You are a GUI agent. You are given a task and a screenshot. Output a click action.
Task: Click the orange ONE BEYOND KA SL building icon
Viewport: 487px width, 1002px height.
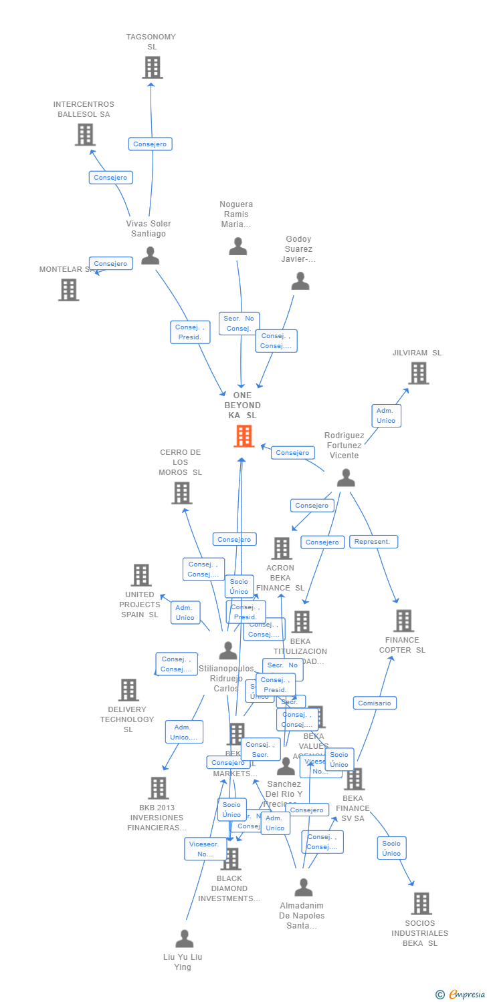point(243,436)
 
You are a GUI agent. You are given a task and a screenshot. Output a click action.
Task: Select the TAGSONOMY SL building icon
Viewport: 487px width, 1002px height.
point(153,67)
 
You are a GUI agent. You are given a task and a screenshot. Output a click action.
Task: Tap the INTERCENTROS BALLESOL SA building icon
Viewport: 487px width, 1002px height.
point(85,135)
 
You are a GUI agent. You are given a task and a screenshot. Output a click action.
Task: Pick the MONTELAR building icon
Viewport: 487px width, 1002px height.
point(68,290)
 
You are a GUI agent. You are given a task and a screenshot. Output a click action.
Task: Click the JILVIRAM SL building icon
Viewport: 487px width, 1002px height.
point(418,373)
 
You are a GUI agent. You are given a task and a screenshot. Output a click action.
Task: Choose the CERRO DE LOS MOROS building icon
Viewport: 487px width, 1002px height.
point(181,493)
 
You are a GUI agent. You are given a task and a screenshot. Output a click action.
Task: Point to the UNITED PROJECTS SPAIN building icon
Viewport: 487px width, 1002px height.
point(141,575)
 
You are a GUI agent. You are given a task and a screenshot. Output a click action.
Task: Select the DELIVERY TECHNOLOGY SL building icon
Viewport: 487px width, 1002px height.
point(128,690)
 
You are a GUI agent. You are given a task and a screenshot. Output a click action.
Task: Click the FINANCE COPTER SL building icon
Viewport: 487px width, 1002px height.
point(403,621)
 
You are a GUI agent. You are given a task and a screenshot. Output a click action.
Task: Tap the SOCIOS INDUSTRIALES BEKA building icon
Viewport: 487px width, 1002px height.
point(421,904)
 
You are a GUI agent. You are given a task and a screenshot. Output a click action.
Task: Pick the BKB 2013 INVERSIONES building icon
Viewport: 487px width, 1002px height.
point(158,788)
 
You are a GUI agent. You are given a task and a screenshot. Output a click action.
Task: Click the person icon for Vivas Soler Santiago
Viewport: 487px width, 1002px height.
point(150,255)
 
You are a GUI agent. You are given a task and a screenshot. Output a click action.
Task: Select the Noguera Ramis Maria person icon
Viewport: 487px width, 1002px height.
point(238,246)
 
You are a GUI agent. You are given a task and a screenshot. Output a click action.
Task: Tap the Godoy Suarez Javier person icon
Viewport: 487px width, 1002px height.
point(300,281)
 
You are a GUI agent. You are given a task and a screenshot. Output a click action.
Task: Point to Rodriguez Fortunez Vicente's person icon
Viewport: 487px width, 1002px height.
point(346,478)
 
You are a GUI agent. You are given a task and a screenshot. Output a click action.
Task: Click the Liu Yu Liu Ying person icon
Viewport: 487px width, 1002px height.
point(184,939)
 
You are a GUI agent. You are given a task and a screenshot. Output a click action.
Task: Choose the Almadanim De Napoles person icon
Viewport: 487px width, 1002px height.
point(304,887)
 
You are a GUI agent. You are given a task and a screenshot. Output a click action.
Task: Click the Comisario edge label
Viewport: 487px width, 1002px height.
point(375,703)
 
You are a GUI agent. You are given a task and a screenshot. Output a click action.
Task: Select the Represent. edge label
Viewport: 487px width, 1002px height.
point(373,542)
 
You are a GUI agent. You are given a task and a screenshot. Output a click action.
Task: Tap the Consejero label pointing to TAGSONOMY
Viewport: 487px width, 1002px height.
point(150,144)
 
